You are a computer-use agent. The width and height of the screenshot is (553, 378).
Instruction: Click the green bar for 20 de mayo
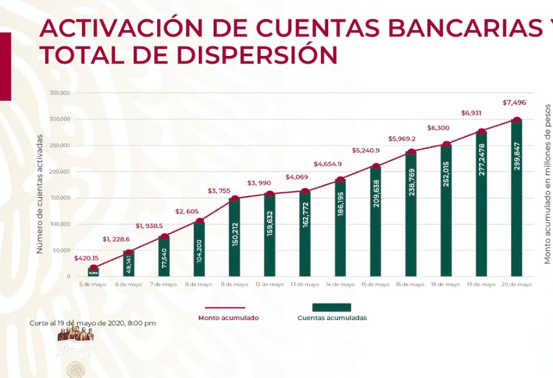click(x=517, y=198)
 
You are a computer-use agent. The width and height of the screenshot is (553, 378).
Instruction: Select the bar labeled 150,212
click(x=235, y=237)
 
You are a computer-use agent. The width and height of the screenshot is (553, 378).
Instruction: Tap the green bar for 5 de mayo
click(x=94, y=272)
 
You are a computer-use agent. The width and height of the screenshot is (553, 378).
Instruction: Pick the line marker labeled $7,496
click(x=517, y=120)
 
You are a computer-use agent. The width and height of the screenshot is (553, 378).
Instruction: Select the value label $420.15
click(x=86, y=258)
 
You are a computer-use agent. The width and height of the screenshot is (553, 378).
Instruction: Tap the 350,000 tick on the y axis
click(x=59, y=93)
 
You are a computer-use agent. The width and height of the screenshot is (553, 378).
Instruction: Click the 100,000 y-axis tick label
click(x=59, y=224)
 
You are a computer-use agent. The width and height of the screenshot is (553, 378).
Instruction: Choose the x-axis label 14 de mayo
click(x=341, y=284)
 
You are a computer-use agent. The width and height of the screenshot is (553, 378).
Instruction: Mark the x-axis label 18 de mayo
click(x=446, y=284)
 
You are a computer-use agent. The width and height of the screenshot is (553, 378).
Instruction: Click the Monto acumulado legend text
click(x=228, y=318)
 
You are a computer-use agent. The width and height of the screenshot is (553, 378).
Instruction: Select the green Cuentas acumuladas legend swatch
click(x=331, y=307)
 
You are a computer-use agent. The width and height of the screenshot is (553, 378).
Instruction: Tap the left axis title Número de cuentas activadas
click(x=40, y=193)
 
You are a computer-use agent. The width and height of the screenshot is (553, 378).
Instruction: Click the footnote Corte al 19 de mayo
click(x=92, y=323)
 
